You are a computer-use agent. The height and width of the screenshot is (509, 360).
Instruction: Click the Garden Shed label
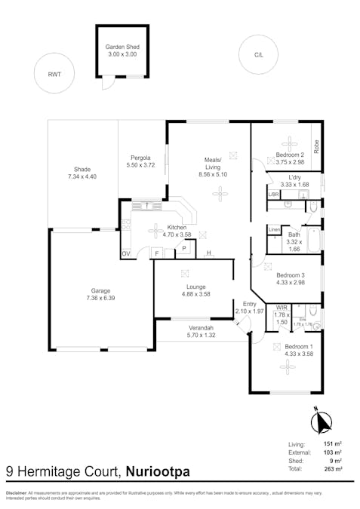tap(122, 46)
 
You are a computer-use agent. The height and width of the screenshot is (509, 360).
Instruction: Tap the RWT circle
tap(54, 74)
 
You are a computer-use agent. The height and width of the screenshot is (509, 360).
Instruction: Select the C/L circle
tap(259, 54)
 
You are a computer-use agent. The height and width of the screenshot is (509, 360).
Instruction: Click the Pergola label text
tap(143, 157)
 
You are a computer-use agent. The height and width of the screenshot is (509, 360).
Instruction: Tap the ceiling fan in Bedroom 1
tap(286, 365)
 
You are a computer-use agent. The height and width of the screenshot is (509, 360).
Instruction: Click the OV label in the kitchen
tap(126, 254)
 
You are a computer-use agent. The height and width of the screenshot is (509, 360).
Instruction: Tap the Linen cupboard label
tap(274, 229)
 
